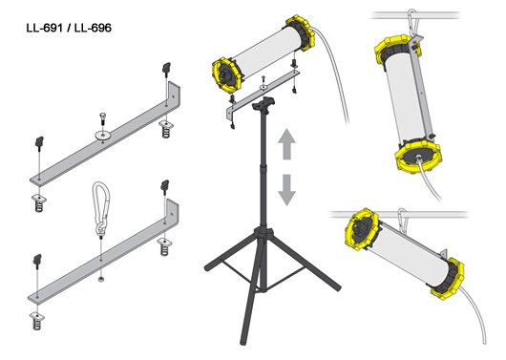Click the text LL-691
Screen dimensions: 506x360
[x=44, y=28]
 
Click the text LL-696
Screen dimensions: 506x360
[x=93, y=28]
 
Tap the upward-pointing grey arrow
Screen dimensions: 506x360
[x=286, y=144]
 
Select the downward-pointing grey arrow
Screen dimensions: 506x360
[x=286, y=190]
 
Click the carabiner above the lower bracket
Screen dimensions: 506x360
[x=101, y=209]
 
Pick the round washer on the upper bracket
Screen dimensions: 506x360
[x=102, y=134]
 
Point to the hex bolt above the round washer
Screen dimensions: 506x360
[x=102, y=119]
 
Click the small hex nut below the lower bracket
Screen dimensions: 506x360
[x=101, y=279]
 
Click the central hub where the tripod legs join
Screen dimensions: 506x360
[x=264, y=233]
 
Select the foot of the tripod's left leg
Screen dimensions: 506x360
[x=208, y=267]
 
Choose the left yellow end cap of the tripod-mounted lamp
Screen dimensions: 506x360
[x=226, y=75]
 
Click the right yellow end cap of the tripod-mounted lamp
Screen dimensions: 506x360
[x=300, y=32]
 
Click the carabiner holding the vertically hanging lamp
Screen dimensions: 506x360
[x=413, y=23]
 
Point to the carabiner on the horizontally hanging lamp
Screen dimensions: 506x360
[x=402, y=221]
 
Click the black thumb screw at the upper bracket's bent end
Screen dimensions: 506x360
[x=166, y=70]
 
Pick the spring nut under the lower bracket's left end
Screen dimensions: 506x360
[x=37, y=320]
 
